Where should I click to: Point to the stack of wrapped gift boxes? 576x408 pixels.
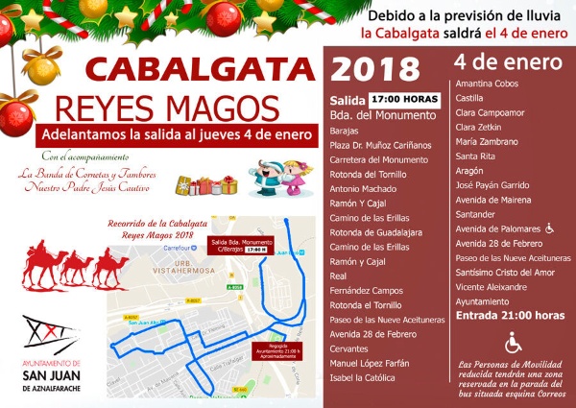tap(214, 182)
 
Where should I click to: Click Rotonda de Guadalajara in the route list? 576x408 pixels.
tap(377, 230)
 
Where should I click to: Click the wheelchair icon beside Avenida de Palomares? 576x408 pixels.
tap(549, 229)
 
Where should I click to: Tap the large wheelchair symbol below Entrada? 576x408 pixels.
tap(514, 342)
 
